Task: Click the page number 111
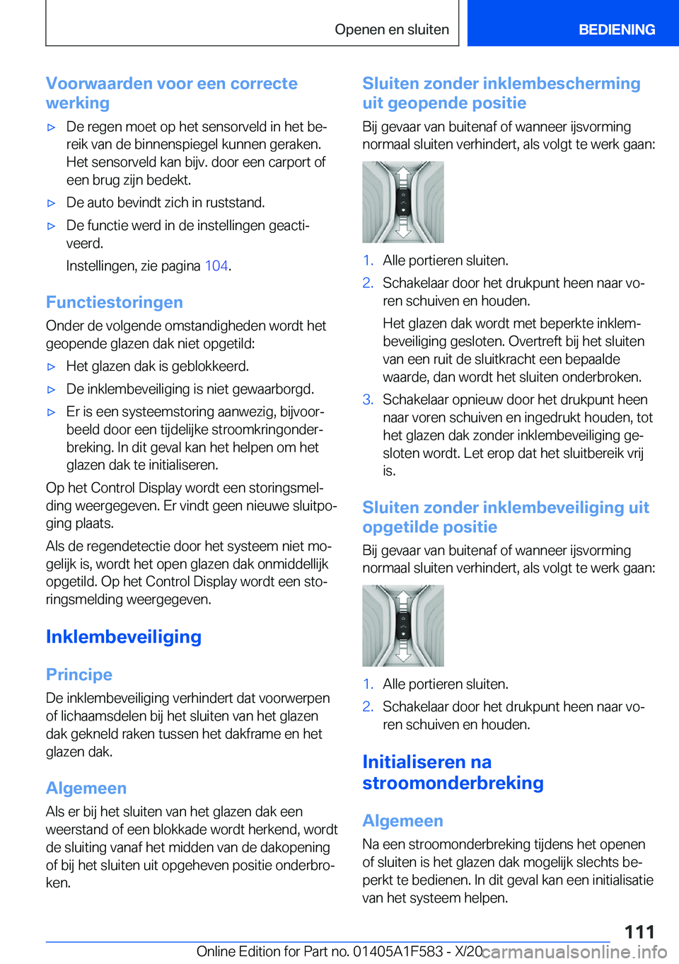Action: pos(639,931)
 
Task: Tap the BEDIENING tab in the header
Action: pos(616,30)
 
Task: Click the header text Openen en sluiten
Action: pos(392,30)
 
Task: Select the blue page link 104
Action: pos(216,266)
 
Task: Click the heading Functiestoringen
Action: pos(115,302)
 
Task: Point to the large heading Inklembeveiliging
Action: pos(124,636)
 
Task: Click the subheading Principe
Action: pos(79,675)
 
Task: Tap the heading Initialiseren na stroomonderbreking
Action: pos(453,772)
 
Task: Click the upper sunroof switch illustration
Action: pos(403,202)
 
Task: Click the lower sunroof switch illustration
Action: pos(403,626)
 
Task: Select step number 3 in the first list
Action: pos(368,400)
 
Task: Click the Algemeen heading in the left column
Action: pos(86,788)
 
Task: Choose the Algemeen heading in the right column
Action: pos(402,820)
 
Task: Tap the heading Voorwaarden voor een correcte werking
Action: pos(171,93)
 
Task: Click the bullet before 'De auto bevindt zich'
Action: pos(51,203)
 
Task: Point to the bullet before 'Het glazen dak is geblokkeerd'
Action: pos(51,367)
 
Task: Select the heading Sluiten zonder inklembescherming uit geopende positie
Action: pos(501,93)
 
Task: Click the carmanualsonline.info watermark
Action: pos(574,952)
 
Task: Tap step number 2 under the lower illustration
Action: pos(368,707)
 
